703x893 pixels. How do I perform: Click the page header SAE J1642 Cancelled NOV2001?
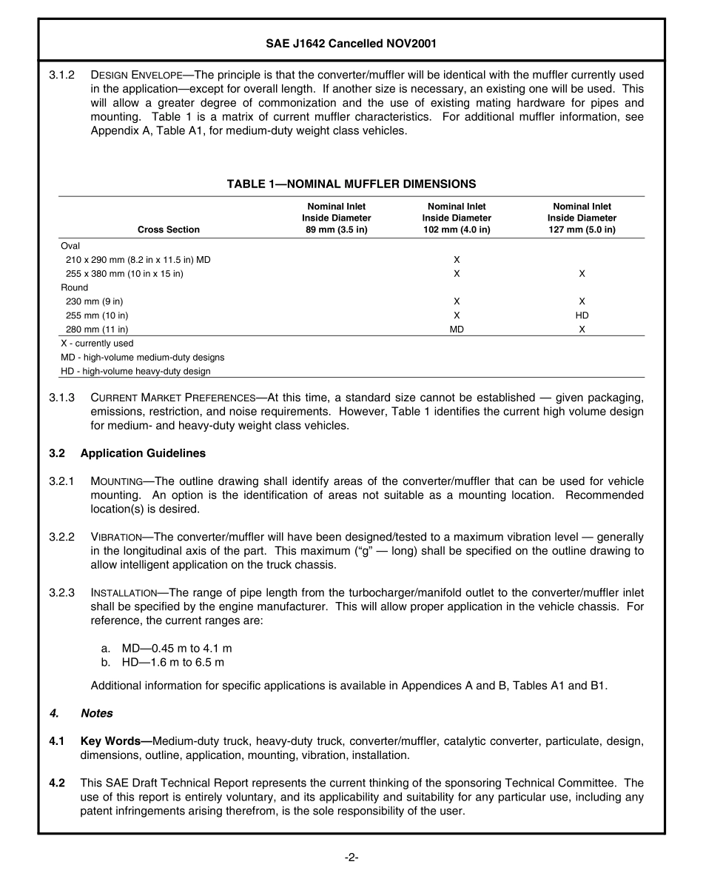click(x=351, y=44)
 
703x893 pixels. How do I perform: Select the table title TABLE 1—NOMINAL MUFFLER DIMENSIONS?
click(x=351, y=184)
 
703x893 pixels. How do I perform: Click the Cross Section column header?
click(x=169, y=230)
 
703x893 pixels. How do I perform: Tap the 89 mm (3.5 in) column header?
click(x=336, y=218)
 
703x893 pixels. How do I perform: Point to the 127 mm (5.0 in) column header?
click(x=582, y=218)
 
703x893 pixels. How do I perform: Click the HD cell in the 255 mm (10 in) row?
click(x=582, y=315)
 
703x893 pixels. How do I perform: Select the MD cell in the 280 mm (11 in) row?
click(x=457, y=330)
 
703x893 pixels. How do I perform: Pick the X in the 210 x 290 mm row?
click(x=457, y=260)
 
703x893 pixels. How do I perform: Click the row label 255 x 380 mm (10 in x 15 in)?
click(x=124, y=274)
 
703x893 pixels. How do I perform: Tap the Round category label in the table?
click(x=74, y=287)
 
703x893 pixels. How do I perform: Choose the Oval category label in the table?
click(x=70, y=246)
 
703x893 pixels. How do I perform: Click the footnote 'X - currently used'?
click(x=97, y=344)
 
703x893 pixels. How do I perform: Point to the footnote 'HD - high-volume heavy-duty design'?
click(x=135, y=371)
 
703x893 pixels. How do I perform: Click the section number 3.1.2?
click(x=62, y=75)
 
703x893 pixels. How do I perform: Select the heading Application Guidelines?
click(x=143, y=453)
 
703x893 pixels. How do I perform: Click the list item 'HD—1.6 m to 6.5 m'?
click(x=172, y=662)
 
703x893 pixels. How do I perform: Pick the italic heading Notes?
click(x=96, y=713)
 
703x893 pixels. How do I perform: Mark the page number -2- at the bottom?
click(x=351, y=857)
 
